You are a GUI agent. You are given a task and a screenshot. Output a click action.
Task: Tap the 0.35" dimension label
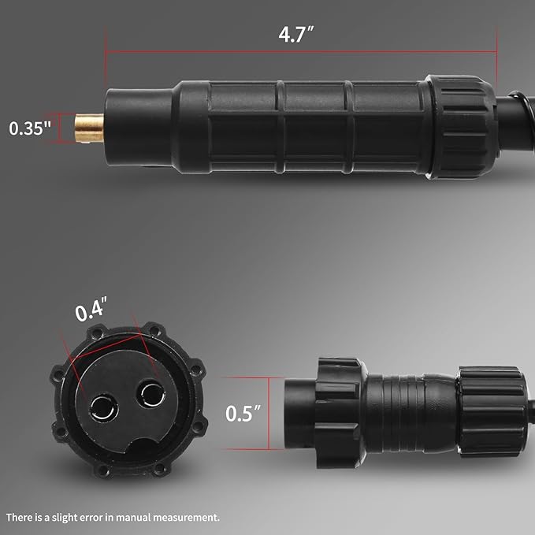coord(30,128)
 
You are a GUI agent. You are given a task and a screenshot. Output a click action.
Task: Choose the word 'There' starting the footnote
coord(19,518)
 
